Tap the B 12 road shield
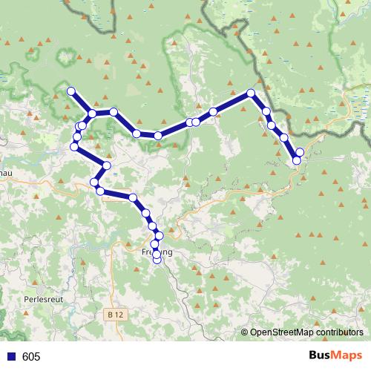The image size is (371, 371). coord(114,315)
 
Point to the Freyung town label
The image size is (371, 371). coord(157,252)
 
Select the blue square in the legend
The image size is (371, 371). coord(10,357)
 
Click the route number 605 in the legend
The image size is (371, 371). coord(31,357)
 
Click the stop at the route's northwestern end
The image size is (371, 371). coord(71,91)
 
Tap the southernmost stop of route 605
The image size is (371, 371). coord(157,260)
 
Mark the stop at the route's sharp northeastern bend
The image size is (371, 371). coord(251,93)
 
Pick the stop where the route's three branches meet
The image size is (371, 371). coord(92,114)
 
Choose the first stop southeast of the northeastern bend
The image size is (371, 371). coord(266,111)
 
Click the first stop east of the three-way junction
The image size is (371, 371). coord(114,111)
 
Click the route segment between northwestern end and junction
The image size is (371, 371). coord(82,102)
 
